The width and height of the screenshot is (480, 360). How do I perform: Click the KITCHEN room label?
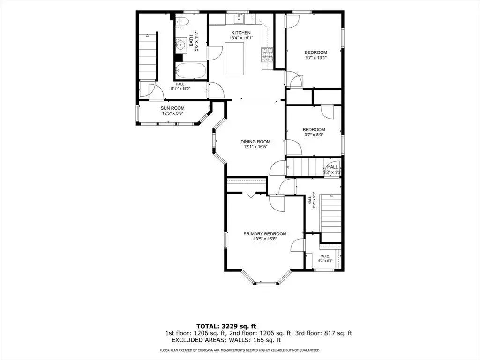[x=241, y=33]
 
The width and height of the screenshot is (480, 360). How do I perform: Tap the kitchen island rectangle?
[x=234, y=59]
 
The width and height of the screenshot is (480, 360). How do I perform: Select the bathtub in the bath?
[x=191, y=71]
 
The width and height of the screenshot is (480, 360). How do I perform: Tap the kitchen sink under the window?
[x=239, y=19]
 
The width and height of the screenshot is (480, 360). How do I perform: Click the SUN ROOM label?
[x=172, y=108]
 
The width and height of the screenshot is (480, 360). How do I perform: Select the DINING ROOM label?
[x=255, y=142]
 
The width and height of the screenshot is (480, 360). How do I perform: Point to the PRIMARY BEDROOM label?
[x=265, y=233]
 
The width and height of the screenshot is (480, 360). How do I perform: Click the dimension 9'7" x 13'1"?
[x=316, y=57]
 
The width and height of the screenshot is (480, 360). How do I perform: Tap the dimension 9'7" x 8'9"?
[x=314, y=135]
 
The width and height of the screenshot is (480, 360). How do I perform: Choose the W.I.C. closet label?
[x=325, y=256]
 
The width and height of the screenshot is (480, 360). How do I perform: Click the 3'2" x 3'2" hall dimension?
[x=332, y=172]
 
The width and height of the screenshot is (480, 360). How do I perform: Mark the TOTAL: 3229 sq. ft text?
[x=226, y=326]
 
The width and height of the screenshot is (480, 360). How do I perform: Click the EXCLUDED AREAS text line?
[x=226, y=340]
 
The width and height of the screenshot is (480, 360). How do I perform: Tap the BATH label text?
[x=191, y=40]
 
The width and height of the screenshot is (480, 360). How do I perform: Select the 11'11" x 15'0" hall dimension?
[x=180, y=89]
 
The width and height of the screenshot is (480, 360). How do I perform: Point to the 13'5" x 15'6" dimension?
[x=265, y=239]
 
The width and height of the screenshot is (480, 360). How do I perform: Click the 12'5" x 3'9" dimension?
[x=172, y=113]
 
